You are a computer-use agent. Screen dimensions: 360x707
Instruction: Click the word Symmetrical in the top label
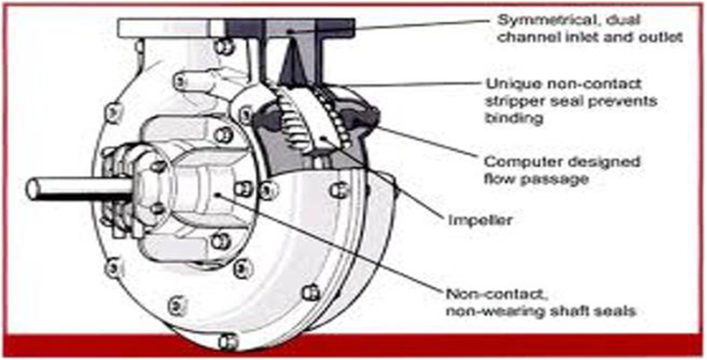click(x=537, y=20)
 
